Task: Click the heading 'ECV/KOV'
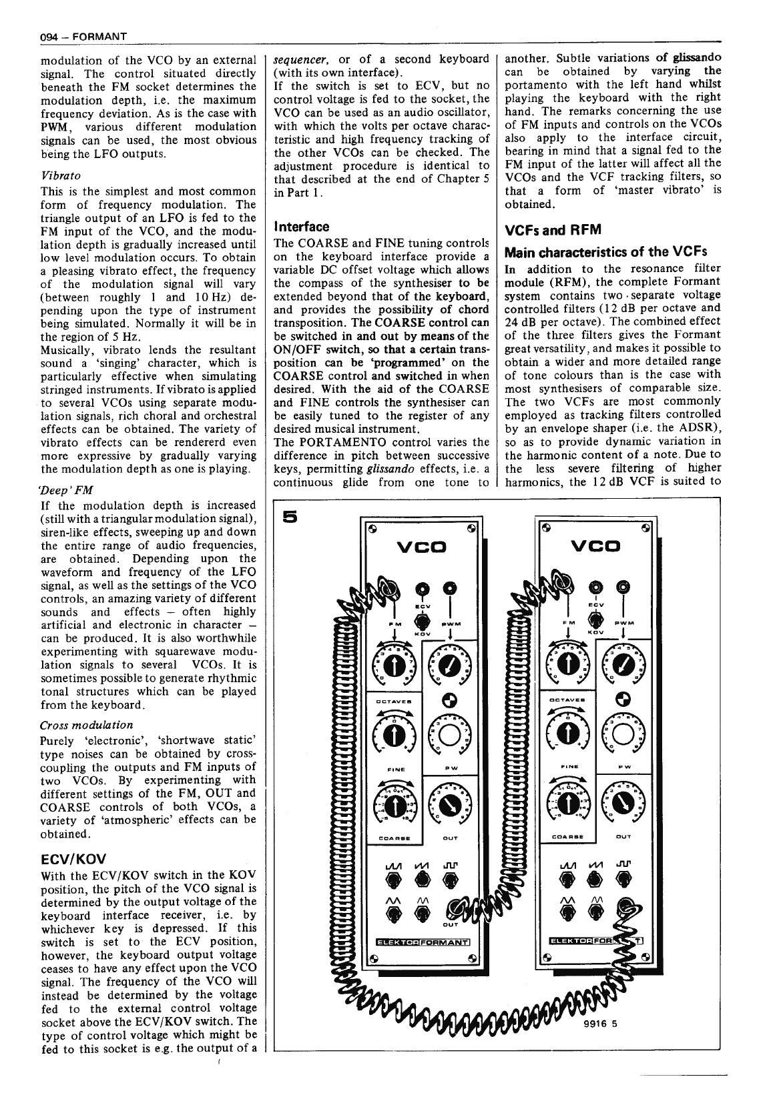point(73,858)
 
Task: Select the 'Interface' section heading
point(302,227)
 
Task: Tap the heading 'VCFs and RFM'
point(553,230)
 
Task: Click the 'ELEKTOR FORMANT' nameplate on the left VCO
point(423,942)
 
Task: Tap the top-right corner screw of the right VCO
point(645,527)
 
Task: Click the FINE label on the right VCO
point(567,766)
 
